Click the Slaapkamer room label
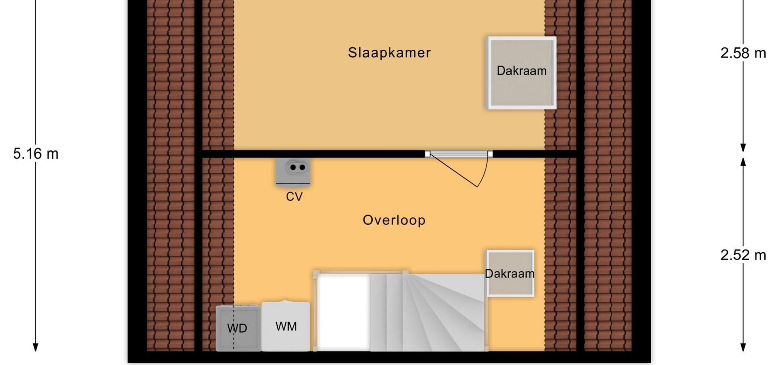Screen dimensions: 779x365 click(x=389, y=53)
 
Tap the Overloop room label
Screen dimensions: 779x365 click(x=394, y=220)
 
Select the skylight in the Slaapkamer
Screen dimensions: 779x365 click(x=521, y=73)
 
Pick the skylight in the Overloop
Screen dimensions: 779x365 click(x=510, y=273)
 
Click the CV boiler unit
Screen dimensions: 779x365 click(x=293, y=172)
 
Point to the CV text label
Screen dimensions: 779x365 click(x=294, y=197)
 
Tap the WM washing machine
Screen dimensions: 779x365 click(x=286, y=326)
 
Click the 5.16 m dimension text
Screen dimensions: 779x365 click(x=36, y=154)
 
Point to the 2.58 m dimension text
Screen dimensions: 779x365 click(x=743, y=53)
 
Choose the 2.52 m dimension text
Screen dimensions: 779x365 click(x=743, y=255)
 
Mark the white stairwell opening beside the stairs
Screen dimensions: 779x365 click(x=344, y=312)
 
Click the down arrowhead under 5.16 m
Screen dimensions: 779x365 click(x=36, y=348)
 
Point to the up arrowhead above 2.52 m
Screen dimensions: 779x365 click(x=743, y=161)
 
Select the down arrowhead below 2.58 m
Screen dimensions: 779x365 click(x=743, y=148)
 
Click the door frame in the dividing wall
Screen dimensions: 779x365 click(x=459, y=154)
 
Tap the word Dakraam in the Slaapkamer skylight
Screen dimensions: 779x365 click(x=521, y=71)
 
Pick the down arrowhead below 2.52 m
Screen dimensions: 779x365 click(x=743, y=348)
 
